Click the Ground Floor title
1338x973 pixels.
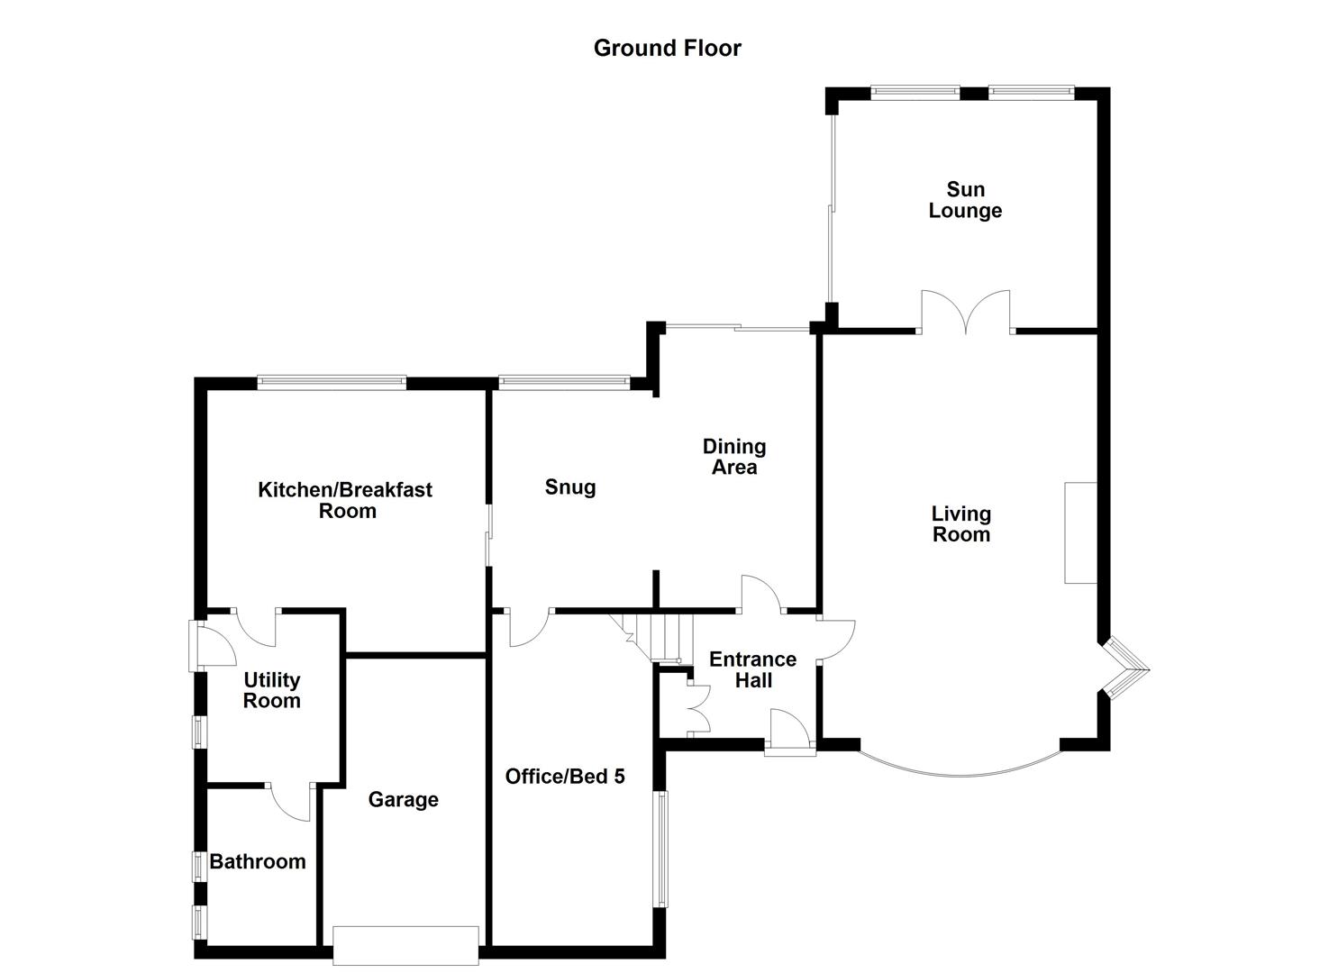(x=667, y=48)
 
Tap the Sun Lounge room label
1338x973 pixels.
(x=965, y=200)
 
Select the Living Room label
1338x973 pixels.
(x=960, y=523)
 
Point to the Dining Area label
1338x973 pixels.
(x=734, y=457)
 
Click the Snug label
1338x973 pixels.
(x=570, y=487)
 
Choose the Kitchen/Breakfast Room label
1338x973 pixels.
(x=345, y=500)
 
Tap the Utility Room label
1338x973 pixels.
(x=271, y=690)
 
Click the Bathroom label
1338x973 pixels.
(x=258, y=861)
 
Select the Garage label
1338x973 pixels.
(x=403, y=800)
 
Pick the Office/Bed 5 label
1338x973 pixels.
(x=565, y=777)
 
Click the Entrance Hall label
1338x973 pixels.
(x=752, y=669)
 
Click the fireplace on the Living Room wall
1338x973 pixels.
(x=1080, y=532)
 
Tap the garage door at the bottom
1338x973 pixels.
(x=405, y=945)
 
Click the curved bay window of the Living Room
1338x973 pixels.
(x=960, y=768)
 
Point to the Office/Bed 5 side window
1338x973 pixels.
(x=660, y=849)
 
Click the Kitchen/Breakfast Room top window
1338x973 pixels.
(x=332, y=383)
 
